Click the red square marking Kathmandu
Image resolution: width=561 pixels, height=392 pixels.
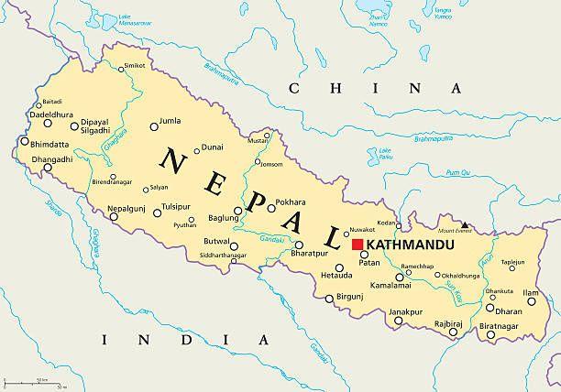[x=357, y=245]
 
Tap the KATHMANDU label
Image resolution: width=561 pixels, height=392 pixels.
[x=403, y=245]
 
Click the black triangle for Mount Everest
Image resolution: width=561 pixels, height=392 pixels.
[x=465, y=224]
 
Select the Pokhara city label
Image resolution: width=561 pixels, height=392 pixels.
[x=290, y=201]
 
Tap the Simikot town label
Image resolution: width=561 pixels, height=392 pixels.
[x=136, y=66]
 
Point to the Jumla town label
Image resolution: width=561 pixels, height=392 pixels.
[x=170, y=120]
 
